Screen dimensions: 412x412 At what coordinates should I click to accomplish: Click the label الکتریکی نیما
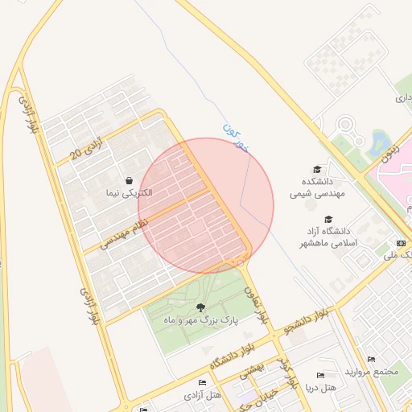129,194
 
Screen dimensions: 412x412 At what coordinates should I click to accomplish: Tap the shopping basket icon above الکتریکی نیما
129,181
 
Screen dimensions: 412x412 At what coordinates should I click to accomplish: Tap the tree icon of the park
200,307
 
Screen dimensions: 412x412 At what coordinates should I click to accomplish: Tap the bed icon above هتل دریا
320,376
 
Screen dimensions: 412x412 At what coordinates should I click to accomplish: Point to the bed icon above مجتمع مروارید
371,359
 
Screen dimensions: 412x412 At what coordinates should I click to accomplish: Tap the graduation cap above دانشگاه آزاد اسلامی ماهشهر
328,219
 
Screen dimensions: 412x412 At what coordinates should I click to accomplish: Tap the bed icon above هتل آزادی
202,381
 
